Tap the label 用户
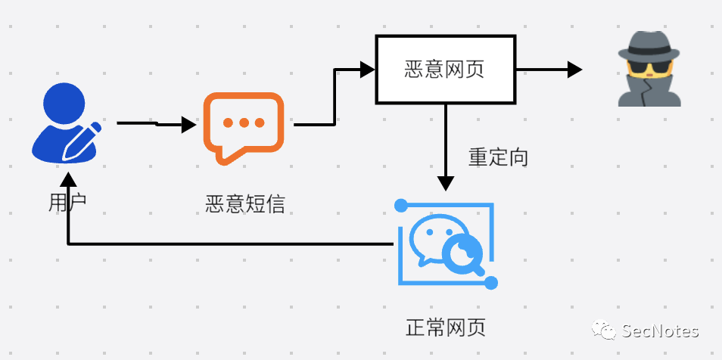[67, 202]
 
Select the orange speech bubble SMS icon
[244, 127]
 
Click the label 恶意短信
[245, 203]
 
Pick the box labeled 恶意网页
[445, 70]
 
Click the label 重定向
[498, 157]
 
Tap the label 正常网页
[446, 328]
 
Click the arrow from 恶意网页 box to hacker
[549, 70]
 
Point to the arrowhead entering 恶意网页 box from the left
[368, 70]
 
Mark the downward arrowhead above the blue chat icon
[446, 183]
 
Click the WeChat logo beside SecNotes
[605, 331]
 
